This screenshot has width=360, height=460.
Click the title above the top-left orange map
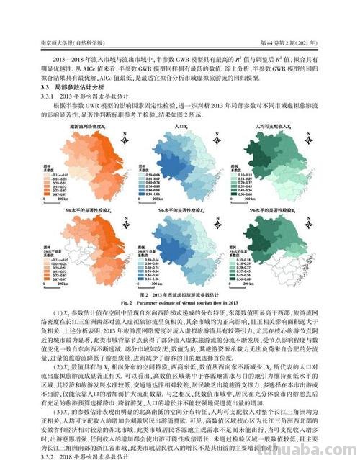tap(84, 125)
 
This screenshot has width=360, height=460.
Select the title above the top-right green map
tap(270, 125)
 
